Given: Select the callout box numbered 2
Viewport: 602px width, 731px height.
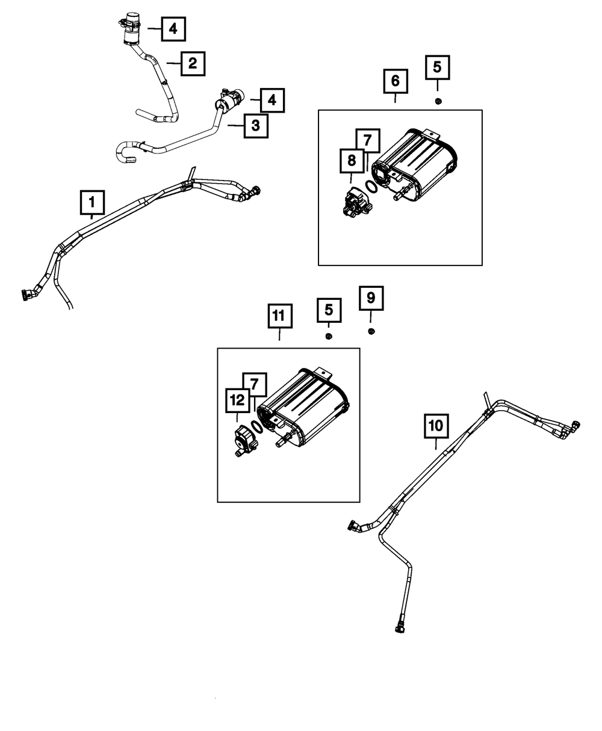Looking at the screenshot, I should [x=192, y=63].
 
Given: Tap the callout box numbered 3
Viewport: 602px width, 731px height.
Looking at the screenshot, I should [x=256, y=126].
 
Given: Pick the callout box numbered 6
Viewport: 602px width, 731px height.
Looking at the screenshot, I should [x=395, y=81].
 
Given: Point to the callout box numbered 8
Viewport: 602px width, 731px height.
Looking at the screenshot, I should [x=352, y=161].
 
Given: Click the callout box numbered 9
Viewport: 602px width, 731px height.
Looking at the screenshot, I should [x=371, y=298].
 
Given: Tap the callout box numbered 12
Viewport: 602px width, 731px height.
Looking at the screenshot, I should [x=237, y=400].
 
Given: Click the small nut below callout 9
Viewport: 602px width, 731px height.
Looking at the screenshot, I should [x=371, y=331].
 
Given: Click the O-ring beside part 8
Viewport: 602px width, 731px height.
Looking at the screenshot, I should [x=373, y=187].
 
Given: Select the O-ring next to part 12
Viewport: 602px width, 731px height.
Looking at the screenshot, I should [x=256, y=426].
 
